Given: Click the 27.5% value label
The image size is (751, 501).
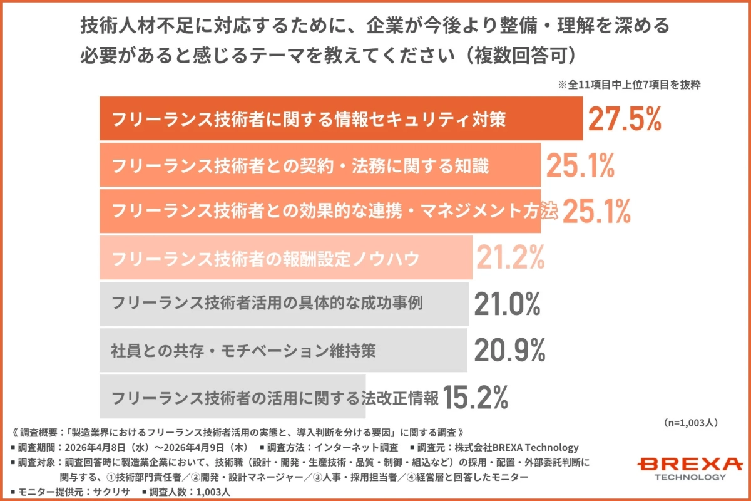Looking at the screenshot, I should coord(625,120).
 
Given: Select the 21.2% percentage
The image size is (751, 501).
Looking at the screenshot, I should coord(510,257).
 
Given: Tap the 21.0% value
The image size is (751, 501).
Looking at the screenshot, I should coord(507,304).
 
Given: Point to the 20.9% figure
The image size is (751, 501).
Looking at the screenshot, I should coord(508,351).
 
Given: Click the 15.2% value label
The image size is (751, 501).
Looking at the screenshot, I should coord(476,396).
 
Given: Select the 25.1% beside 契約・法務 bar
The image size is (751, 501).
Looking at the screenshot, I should coord(580,165).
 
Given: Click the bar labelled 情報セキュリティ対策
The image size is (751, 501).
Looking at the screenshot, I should coord(340,119).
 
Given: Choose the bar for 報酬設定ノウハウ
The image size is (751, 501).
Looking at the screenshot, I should coord(285,257).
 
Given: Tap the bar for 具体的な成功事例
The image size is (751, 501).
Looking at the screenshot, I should coord(284,304).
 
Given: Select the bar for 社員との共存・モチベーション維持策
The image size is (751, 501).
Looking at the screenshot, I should coord(283,351).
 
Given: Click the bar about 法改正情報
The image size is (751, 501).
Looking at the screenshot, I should coord(232,396).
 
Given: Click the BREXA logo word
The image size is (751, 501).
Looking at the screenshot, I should coord(690,464).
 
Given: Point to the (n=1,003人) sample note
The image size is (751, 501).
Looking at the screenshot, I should coord(690,423).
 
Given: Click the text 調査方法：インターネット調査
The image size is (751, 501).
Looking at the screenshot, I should coord(332,447).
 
